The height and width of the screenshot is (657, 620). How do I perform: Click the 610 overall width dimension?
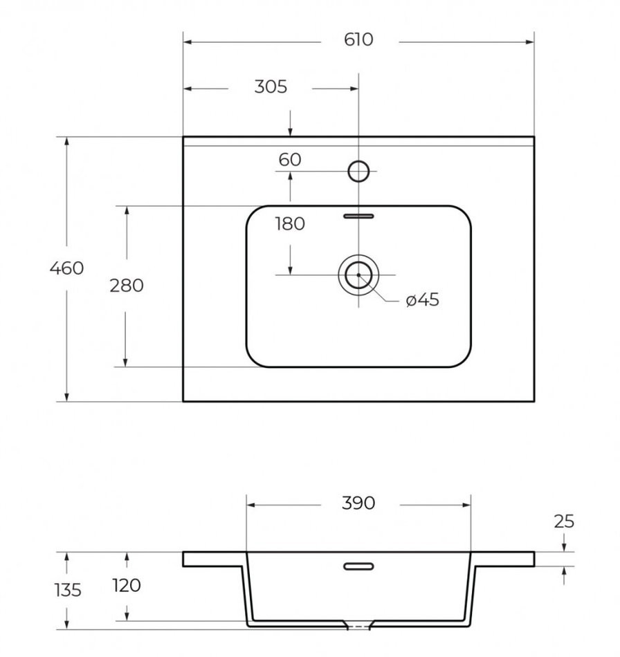pos(358,40)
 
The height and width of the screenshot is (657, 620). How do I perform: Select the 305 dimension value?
pos(271,87)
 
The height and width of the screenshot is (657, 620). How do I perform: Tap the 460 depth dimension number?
pos(66,268)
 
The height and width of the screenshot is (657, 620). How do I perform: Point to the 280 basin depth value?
pos(127,285)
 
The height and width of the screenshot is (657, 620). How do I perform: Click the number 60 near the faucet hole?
pos(290,160)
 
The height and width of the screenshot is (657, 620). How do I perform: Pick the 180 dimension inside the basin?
pos(290,224)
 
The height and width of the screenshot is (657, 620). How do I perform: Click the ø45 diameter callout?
pos(423,300)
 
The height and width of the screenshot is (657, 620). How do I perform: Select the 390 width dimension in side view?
pos(358,503)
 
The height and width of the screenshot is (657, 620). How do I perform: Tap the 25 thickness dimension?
pos(565,521)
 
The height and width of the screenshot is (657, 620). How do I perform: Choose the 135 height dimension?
pos(66,590)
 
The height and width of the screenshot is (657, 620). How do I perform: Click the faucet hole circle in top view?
pos(358,170)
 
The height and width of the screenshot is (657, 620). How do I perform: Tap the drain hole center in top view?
pos(358,275)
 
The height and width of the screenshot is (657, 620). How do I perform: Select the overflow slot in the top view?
pos(358,216)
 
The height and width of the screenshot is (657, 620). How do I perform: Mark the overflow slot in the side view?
pos(358,566)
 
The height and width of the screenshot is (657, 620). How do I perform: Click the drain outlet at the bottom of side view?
pos(358,627)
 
